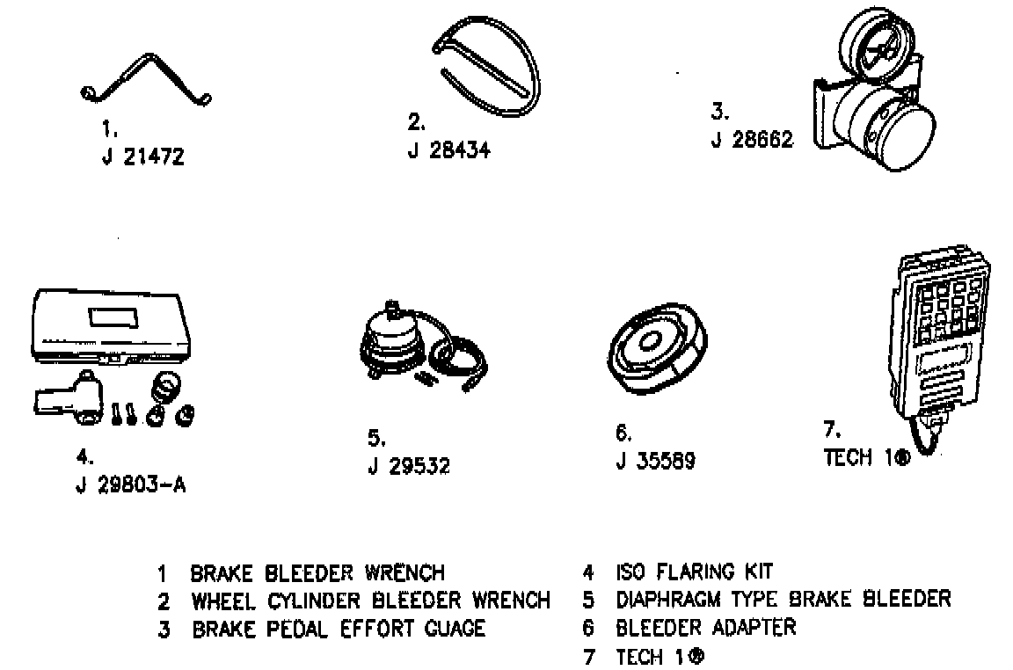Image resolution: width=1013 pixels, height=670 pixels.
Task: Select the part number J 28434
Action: point(448,149)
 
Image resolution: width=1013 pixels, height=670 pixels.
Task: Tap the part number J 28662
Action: point(752,140)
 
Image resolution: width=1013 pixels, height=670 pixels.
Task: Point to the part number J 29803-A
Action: point(131,485)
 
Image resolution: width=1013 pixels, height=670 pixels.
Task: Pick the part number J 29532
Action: point(408,466)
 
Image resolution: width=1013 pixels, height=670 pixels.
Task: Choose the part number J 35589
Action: point(655,461)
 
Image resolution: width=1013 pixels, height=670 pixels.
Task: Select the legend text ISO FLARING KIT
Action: point(694,572)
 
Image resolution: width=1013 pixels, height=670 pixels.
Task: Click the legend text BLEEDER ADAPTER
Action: point(705,627)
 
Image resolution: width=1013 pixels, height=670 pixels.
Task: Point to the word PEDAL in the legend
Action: point(300,629)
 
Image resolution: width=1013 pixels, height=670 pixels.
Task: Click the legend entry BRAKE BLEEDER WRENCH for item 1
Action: point(317,573)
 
